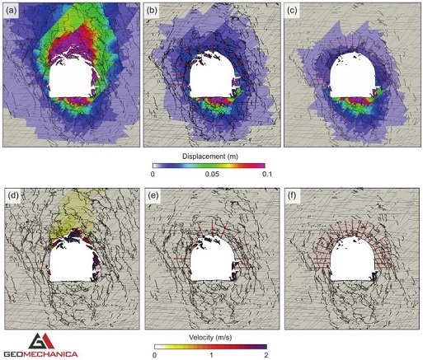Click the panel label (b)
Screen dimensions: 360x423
pyautogui.click(x=154, y=12)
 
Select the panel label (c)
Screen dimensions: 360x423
pyautogui.click(x=294, y=12)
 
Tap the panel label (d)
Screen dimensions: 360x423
pyautogui.click(x=14, y=196)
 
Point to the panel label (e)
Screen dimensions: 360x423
pyautogui.click(x=154, y=196)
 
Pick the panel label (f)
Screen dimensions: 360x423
pyautogui.click(x=294, y=196)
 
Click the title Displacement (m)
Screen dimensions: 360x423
pyautogui.click(x=211, y=154)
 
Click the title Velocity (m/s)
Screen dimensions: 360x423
pyautogui.click(x=211, y=338)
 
